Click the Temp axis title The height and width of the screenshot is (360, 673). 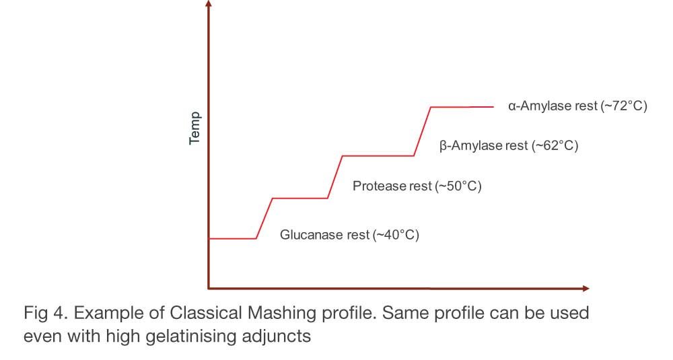click(x=194, y=128)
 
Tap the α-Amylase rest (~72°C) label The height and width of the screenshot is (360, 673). click(x=577, y=106)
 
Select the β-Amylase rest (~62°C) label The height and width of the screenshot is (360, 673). click(x=509, y=145)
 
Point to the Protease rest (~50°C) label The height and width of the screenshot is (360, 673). click(x=417, y=186)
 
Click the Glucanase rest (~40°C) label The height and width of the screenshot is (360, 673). click(x=349, y=235)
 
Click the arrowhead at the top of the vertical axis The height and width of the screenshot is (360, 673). click(x=209, y=3)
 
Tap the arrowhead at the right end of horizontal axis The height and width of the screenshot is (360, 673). click(x=586, y=289)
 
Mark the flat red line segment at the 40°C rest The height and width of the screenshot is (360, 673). click(x=233, y=238)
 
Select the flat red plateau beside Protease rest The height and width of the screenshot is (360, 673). click(x=300, y=199)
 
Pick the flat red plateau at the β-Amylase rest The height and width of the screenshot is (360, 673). click(x=378, y=155)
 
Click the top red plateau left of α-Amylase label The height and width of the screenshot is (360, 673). click(x=462, y=107)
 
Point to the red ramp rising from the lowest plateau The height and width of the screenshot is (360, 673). click(x=264, y=219)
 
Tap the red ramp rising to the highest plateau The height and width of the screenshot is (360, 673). click(x=423, y=131)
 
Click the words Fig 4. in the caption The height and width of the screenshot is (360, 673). click(x=46, y=313)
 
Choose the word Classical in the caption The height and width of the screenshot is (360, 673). click(x=206, y=313)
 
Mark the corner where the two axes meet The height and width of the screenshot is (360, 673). click(x=209, y=289)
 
